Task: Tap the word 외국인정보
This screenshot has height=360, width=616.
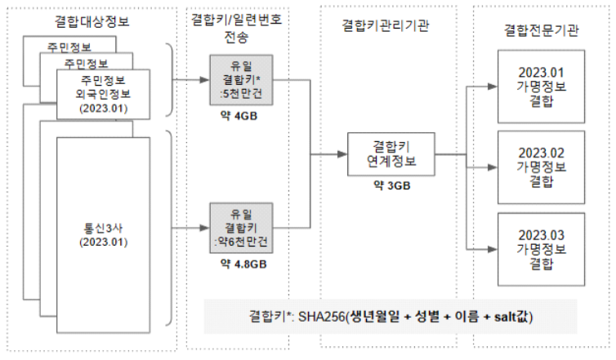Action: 103,94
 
